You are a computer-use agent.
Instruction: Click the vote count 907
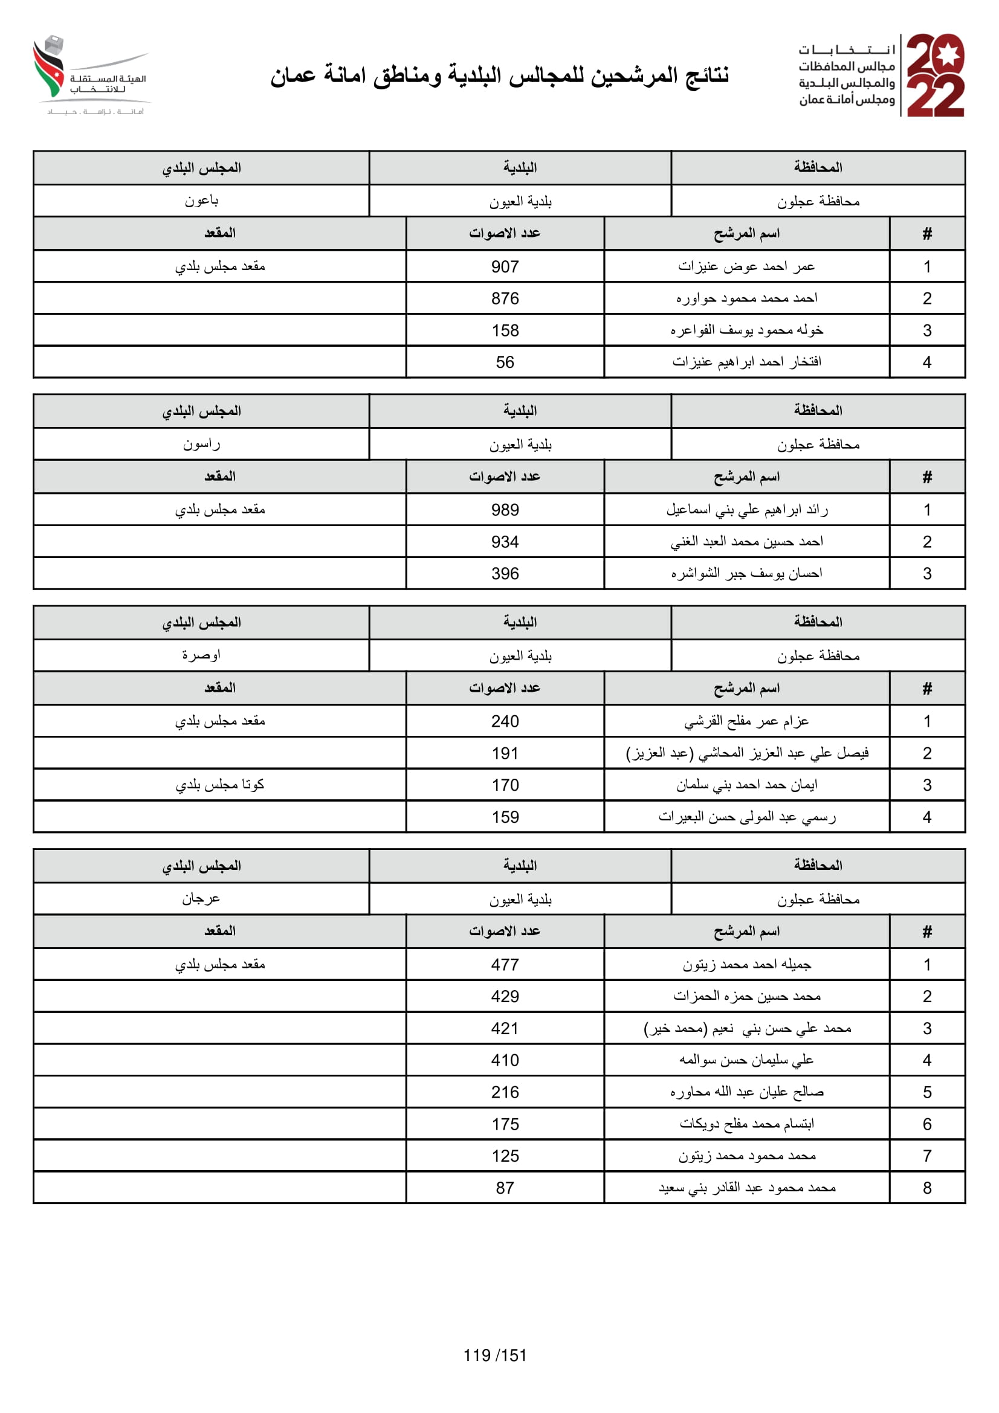[505, 266]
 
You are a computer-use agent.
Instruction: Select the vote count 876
[505, 298]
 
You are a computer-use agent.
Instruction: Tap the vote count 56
[505, 362]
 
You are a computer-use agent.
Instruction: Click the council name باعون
[201, 201]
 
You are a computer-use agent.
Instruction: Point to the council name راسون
[201, 444]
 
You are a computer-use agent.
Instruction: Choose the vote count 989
[505, 510]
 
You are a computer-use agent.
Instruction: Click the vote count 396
[505, 573]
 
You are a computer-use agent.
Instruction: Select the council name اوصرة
[201, 655]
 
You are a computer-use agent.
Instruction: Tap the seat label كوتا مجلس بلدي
[220, 785]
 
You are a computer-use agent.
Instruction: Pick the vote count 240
[505, 721]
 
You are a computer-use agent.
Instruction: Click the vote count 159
[505, 817]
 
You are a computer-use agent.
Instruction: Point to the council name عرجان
[201, 898]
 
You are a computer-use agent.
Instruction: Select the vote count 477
[505, 964]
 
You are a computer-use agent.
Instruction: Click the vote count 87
[505, 1188]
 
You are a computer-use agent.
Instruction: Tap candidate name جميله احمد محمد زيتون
[746, 964]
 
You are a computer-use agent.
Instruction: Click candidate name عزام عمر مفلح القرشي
[746, 721]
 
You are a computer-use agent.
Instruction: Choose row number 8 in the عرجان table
[927, 1188]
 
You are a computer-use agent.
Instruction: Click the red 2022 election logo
[935, 75]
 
